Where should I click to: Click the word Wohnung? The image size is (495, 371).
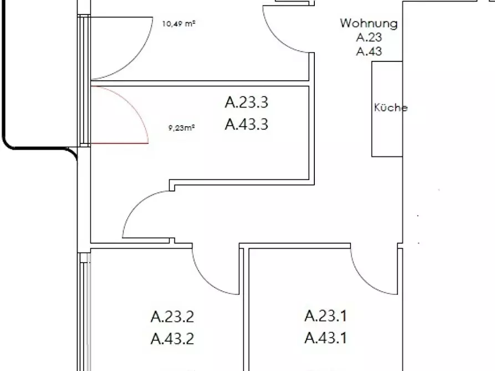369,24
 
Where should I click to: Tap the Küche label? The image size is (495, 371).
391,107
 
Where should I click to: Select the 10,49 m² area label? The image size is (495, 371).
178,24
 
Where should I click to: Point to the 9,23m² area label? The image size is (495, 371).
181,128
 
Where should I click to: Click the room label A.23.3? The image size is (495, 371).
247,102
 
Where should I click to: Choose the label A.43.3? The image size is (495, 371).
247,124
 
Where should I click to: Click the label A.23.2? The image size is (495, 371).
172,317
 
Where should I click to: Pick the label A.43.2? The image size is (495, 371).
172,338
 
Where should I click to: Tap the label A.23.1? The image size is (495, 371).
326,316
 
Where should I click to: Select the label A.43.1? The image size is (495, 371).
326,338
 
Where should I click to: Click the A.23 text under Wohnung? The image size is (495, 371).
369,38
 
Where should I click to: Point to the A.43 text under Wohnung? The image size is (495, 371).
369,51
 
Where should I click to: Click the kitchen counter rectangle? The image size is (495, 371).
387,109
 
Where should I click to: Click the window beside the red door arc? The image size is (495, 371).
84,115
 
